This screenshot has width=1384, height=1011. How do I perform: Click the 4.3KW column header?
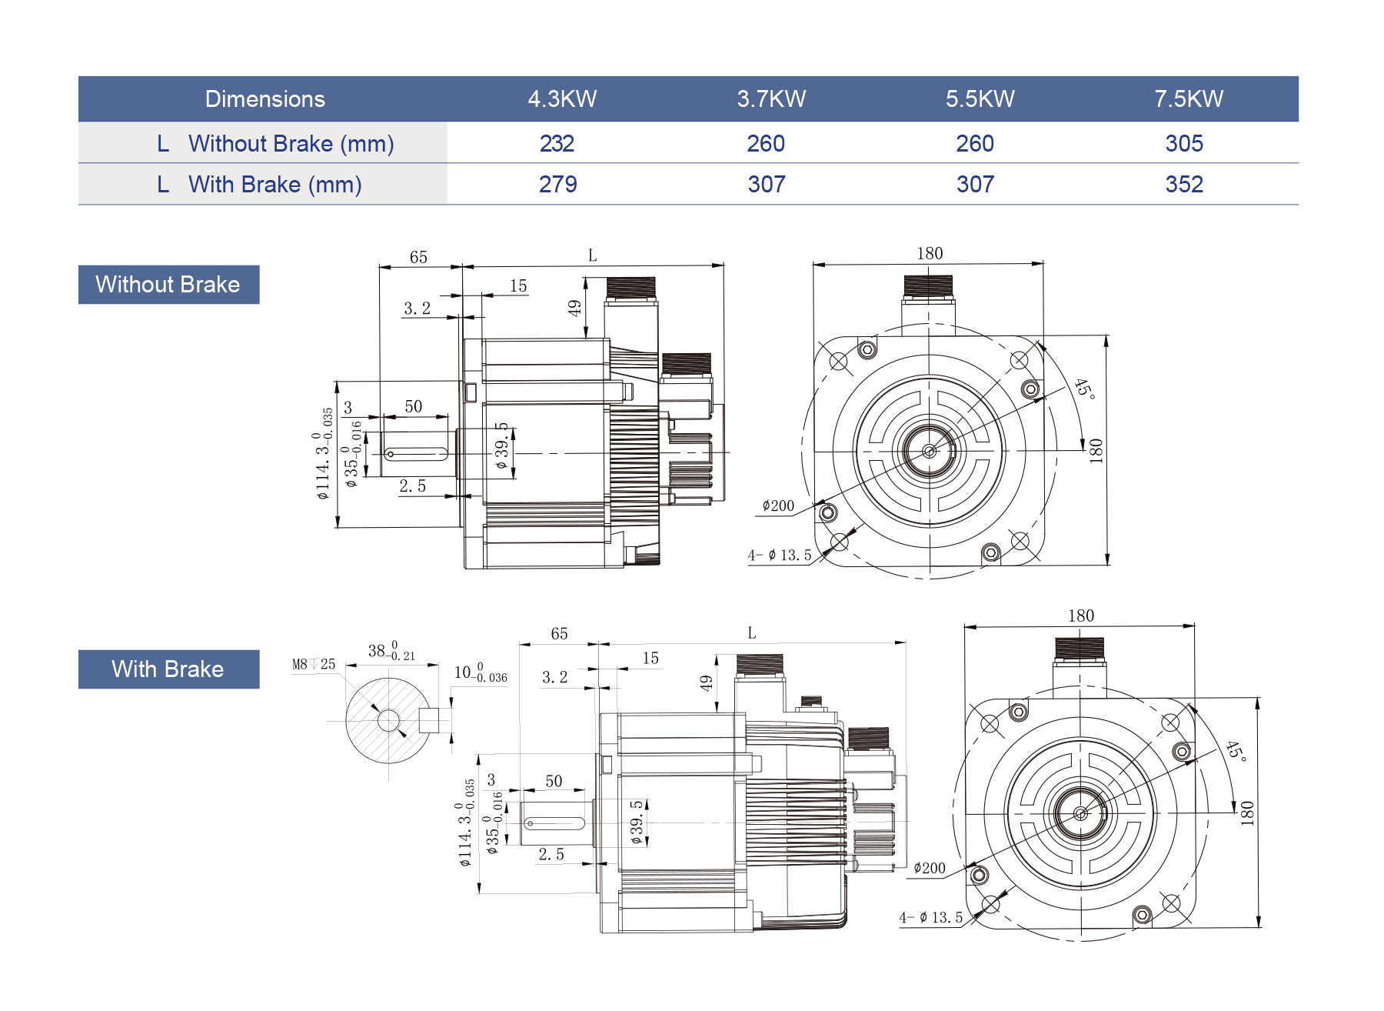click(562, 99)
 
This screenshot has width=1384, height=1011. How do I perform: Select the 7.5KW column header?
click(1188, 99)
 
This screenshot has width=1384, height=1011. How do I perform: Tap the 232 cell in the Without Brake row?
click(557, 144)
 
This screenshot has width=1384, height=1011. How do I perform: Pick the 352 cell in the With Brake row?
click(1183, 185)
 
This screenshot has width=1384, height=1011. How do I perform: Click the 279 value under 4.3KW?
click(557, 185)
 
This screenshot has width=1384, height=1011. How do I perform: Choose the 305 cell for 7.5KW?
click(1183, 144)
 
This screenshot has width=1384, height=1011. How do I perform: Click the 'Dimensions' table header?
click(264, 99)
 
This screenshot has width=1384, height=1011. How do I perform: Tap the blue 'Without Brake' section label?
click(168, 285)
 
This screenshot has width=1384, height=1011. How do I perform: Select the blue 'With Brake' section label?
click(168, 669)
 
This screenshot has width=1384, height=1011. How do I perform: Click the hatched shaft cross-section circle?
click(388, 721)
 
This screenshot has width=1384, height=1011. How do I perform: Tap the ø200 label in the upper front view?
click(778, 506)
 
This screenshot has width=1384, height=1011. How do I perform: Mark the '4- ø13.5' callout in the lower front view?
click(930, 918)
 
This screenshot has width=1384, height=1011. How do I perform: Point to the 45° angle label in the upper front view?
click(1084, 389)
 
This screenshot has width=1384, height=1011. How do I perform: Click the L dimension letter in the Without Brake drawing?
click(592, 255)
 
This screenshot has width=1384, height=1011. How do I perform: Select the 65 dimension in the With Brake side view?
click(559, 634)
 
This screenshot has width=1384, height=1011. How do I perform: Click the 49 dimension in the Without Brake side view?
click(574, 309)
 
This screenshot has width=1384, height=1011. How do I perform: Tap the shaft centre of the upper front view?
click(929, 451)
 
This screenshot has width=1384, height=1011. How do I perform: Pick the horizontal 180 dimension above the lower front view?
click(1080, 616)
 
